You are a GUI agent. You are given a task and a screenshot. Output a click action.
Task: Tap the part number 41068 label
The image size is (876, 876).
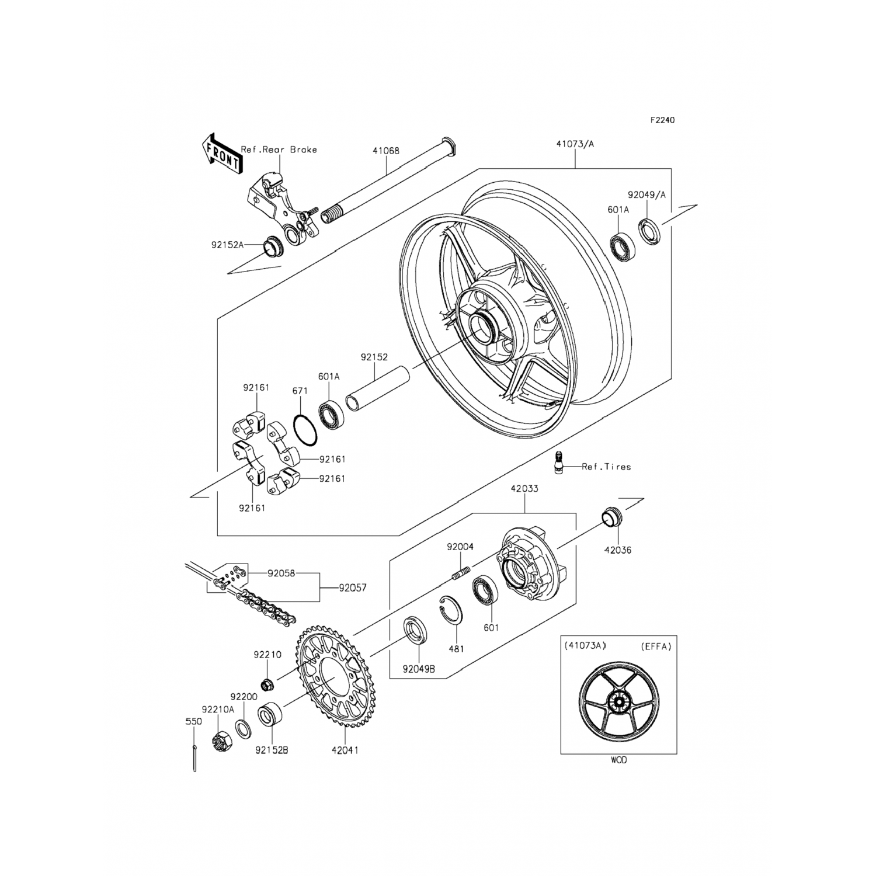(386, 151)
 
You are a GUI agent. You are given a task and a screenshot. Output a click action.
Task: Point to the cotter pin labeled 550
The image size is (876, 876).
(194, 758)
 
